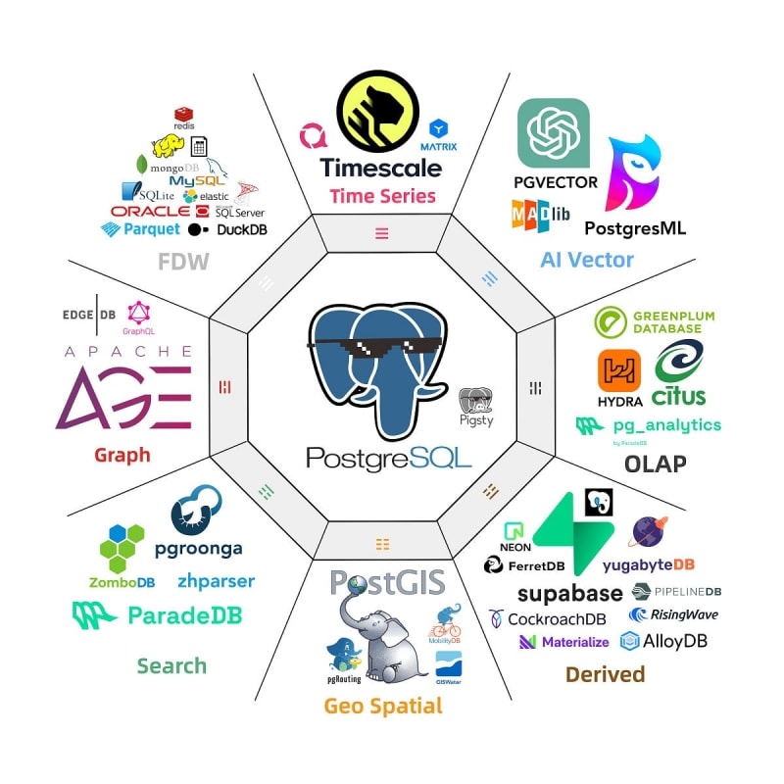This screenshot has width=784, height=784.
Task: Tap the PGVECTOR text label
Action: click(556, 181)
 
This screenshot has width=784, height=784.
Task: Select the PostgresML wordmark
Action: click(634, 227)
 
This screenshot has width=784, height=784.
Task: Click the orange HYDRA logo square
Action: click(619, 370)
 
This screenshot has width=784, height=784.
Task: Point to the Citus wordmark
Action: click(678, 396)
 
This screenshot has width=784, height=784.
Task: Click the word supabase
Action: click(569, 593)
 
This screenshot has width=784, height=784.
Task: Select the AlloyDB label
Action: click(675, 642)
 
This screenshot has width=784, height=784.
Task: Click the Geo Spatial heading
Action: click(383, 706)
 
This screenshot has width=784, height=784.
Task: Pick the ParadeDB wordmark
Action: click(185, 615)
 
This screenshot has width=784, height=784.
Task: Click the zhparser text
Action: click(216, 581)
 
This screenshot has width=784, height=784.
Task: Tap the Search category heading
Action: click(171, 666)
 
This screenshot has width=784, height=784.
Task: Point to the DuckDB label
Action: click(242, 229)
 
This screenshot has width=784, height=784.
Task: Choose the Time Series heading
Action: click(382, 196)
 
